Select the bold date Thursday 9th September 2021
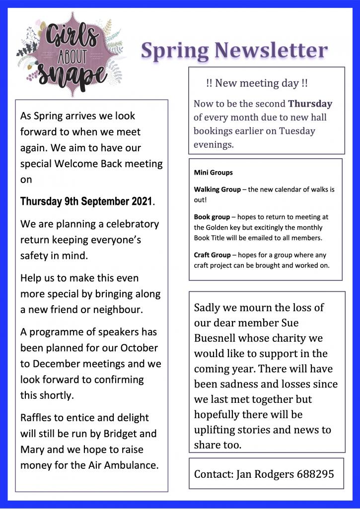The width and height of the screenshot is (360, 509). pos(87,202)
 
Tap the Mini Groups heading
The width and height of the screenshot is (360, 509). pos(213,173)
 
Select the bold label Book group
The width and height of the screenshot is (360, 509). pos(212,217)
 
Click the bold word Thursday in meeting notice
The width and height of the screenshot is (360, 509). pos(310,104)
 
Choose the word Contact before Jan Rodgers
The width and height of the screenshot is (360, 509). pos(212,474)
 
